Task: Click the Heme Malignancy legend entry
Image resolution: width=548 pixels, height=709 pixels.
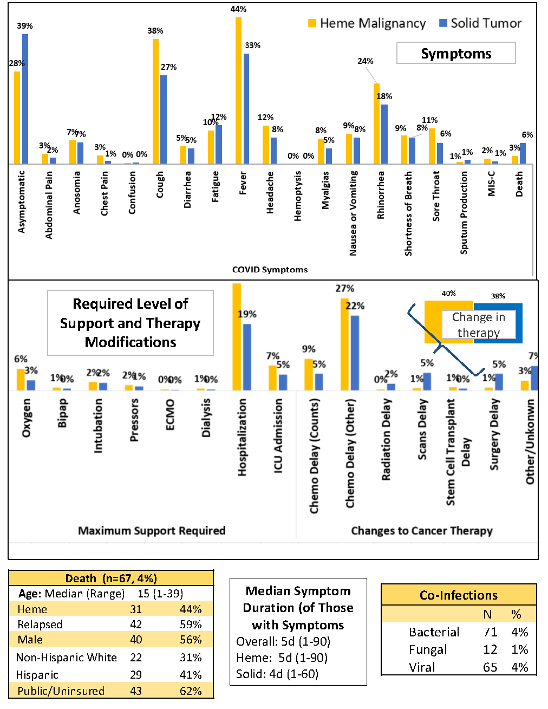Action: coord(367,23)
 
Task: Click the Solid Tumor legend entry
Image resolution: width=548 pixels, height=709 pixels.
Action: coord(480,23)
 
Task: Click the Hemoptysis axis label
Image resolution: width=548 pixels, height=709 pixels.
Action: coord(298,196)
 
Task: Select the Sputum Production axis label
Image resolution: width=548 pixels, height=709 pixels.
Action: coord(464,212)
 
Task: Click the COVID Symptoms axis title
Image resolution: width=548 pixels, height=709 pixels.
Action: coord(270,269)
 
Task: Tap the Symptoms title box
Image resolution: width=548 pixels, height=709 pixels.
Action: coord(456,53)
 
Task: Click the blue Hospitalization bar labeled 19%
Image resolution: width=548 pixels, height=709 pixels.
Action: coord(247,357)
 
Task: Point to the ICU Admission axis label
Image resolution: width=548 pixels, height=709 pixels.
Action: coord(278,436)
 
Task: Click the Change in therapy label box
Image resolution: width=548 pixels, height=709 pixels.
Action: coord(478,324)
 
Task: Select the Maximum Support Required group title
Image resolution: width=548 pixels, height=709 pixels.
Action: coord(152,530)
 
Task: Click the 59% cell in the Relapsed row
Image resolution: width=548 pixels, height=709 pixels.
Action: coord(191,625)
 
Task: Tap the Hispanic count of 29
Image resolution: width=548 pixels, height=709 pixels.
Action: coord(136,675)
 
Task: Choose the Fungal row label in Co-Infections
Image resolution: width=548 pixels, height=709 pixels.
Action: coord(428,649)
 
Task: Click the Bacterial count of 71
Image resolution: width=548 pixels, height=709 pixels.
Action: coord(490,632)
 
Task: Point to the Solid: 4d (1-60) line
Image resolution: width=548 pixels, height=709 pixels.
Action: coord(277,674)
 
